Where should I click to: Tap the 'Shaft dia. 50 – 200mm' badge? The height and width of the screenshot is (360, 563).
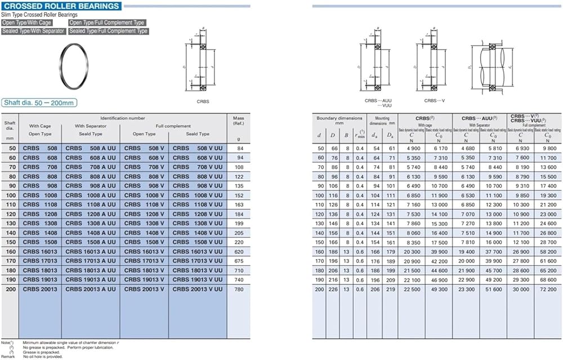[x=39, y=103]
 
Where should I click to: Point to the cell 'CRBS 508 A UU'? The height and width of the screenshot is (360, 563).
[x=91, y=148]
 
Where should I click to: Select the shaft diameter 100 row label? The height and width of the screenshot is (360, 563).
[x=10, y=195]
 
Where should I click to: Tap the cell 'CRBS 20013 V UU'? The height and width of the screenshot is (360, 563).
[x=197, y=289]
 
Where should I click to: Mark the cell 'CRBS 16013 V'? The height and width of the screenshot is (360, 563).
[x=144, y=251]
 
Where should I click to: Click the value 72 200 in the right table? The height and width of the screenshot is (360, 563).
[x=548, y=288]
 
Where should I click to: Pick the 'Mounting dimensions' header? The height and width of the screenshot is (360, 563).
[x=382, y=120]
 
